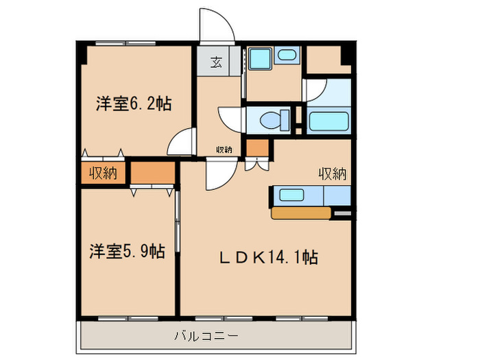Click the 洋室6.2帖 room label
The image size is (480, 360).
(x=133, y=104)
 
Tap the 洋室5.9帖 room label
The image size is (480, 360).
(x=126, y=251)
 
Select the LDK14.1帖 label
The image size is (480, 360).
(x=267, y=258)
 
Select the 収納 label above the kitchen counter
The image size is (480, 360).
(x=332, y=174)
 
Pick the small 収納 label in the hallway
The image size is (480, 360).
(x=224, y=149)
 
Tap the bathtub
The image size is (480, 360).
(x=330, y=121)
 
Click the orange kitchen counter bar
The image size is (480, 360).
(x=302, y=213)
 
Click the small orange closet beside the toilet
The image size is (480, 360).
(x=257, y=147)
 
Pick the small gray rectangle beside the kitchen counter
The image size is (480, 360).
(x=341, y=215)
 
